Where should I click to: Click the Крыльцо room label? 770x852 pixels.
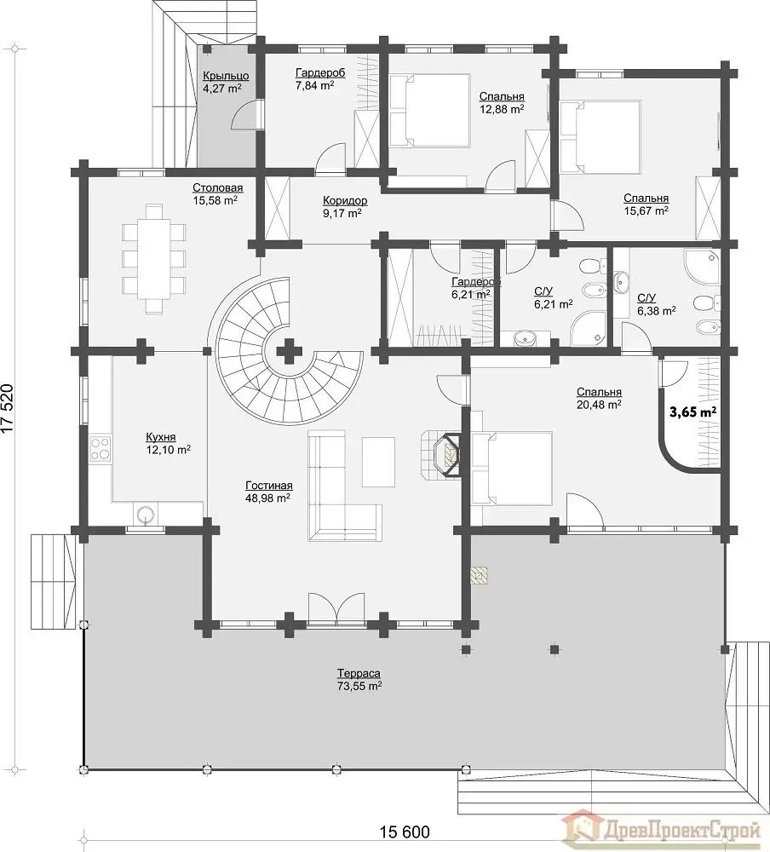(x=226, y=76)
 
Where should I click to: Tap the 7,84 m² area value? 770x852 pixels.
(x=314, y=85)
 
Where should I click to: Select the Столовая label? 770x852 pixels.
(x=217, y=188)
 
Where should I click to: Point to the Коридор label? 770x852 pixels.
(x=344, y=200)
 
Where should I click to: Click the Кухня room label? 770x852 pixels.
(x=160, y=437)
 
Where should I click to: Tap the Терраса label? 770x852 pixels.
(x=359, y=673)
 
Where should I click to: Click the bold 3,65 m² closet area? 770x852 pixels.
(x=692, y=412)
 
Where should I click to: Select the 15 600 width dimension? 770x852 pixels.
(x=405, y=832)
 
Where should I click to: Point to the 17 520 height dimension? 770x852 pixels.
(x=7, y=409)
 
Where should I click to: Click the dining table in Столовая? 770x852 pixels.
(x=154, y=258)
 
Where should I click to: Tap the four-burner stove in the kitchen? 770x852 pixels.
(x=101, y=449)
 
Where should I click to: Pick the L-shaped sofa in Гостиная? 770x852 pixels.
(x=344, y=486)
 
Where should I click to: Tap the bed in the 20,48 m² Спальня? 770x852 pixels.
(x=513, y=469)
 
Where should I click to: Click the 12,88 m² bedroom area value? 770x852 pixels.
(x=502, y=109)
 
